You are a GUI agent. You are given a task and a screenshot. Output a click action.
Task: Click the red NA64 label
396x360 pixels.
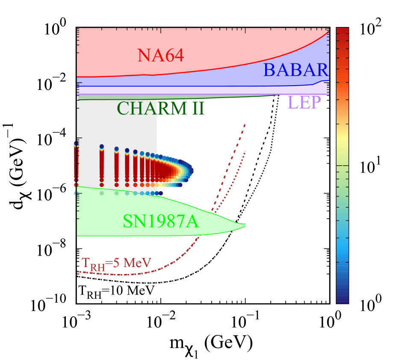(160, 55)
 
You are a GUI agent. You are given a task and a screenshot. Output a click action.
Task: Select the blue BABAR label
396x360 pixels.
(296, 70)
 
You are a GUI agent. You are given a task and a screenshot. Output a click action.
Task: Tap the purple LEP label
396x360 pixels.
(304, 102)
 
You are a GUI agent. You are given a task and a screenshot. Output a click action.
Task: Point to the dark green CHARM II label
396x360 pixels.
(160, 109)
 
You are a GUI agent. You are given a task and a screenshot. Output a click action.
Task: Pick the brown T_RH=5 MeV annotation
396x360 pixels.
(116, 263)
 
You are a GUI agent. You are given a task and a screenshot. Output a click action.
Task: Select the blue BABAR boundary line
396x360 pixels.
(192, 86)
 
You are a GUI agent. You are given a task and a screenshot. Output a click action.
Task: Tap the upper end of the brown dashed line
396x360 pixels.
(245, 124)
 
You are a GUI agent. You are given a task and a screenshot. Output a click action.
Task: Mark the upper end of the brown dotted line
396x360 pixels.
(245, 151)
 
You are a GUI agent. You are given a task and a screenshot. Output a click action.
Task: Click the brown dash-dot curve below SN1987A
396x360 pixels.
(128, 274)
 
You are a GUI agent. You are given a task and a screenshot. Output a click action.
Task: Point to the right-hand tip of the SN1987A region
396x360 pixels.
(245, 225)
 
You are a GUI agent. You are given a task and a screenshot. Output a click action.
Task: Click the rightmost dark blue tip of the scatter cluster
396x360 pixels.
(191, 172)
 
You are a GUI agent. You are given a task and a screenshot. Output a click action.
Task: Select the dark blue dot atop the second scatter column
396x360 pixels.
(102, 146)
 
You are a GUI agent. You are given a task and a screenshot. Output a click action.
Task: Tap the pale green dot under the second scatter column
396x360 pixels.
(102, 193)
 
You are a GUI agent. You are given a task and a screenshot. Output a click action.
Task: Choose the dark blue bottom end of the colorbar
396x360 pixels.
(342, 300)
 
